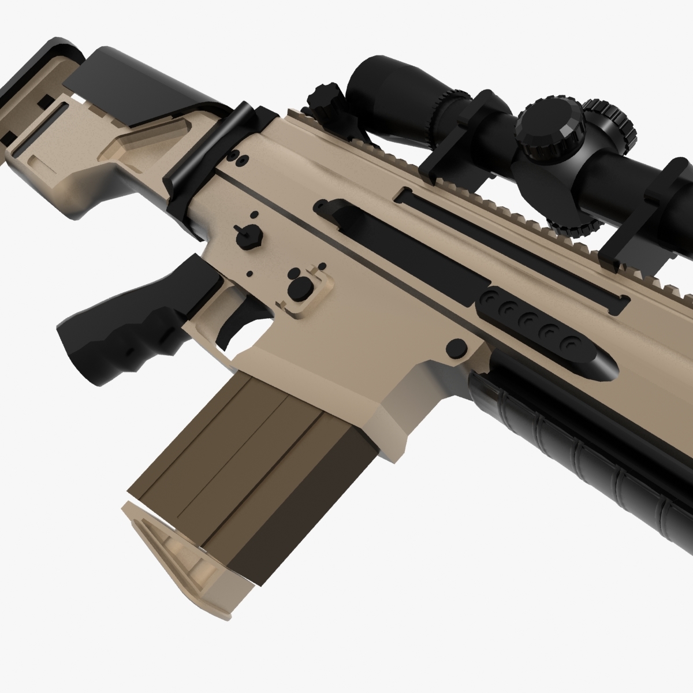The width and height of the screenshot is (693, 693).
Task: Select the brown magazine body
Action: point(243,462)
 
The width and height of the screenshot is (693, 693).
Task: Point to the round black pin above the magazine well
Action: point(457,347)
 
